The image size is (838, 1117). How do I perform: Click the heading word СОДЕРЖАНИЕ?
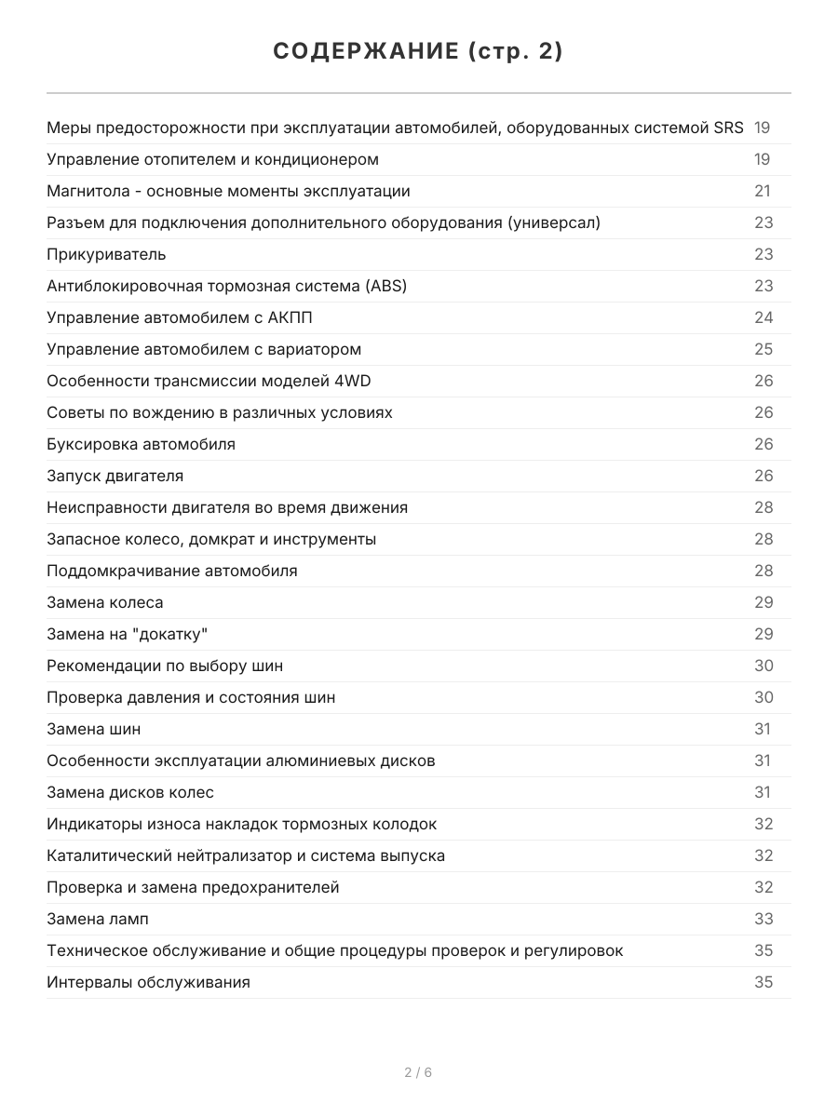pos(363,52)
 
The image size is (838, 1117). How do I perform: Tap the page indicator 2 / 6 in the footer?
pos(418,1072)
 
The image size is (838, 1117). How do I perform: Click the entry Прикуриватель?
pos(106,254)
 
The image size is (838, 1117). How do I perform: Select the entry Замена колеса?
pos(104,602)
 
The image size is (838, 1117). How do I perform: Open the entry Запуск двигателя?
pos(115,476)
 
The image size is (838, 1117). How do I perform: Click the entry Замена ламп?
pos(97,919)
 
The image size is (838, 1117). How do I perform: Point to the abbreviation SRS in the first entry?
pos(728,128)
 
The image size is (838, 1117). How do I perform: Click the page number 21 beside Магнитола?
pos(763,191)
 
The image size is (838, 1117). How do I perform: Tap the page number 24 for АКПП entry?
pos(764,317)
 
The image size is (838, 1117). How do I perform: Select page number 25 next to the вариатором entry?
pos(764,349)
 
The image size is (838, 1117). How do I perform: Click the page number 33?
pos(764,919)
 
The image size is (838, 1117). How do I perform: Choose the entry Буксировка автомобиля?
pos(141,444)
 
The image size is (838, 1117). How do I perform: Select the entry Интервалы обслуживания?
pos(148,982)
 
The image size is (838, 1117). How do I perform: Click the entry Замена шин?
pos(93,729)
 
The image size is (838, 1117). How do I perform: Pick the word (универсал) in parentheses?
pos(555,222)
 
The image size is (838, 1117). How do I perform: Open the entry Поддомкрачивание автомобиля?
pos(172,571)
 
